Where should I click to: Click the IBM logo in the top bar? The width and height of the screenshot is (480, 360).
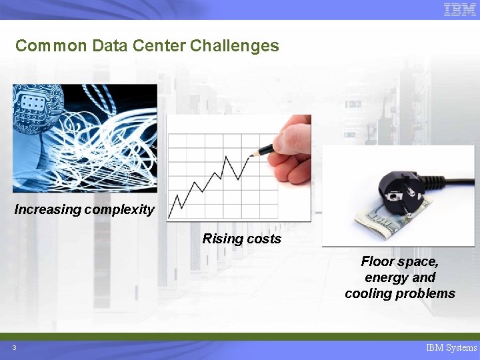(459, 9)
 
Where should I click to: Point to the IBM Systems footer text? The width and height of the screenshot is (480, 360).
(451, 347)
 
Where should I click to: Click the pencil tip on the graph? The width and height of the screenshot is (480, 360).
(251, 155)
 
